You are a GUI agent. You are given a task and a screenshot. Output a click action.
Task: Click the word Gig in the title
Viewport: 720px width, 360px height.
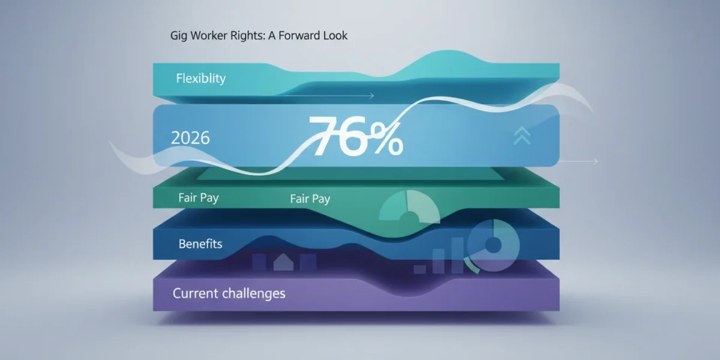pos(178,35)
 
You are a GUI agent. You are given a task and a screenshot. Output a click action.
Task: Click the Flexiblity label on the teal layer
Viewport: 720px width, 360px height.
pos(201,79)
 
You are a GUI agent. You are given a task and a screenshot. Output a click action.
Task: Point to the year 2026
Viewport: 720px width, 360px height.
pos(190,138)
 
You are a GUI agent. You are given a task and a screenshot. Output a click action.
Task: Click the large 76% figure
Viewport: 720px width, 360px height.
pos(356,137)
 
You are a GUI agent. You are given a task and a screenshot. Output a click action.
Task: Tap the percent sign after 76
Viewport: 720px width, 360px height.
pos(386,139)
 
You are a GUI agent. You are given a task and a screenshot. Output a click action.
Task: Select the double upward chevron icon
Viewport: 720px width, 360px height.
pos(522,136)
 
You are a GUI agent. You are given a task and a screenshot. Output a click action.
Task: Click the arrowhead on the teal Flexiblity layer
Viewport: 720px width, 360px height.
pos(372,95)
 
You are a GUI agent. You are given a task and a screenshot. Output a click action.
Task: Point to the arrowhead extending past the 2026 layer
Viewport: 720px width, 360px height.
pos(596,161)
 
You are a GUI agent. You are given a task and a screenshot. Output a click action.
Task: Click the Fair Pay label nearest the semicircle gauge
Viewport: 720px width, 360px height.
pos(310,199)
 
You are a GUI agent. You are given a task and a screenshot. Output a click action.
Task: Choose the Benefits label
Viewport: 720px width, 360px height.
pos(200,244)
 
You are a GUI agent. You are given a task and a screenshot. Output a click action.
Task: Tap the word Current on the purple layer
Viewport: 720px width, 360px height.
pos(195,293)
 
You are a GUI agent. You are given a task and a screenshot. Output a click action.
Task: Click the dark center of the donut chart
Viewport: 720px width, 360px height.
pos(493,245)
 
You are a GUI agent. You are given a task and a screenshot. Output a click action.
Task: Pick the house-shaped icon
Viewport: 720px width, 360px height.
pos(283,262)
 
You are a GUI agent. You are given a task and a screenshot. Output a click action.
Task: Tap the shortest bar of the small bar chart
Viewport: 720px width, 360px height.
pos(419,269)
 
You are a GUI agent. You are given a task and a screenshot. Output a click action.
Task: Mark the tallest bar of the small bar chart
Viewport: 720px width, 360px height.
pos(457,255)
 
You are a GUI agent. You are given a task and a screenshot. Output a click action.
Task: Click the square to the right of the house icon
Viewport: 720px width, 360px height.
pos(308,262)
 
